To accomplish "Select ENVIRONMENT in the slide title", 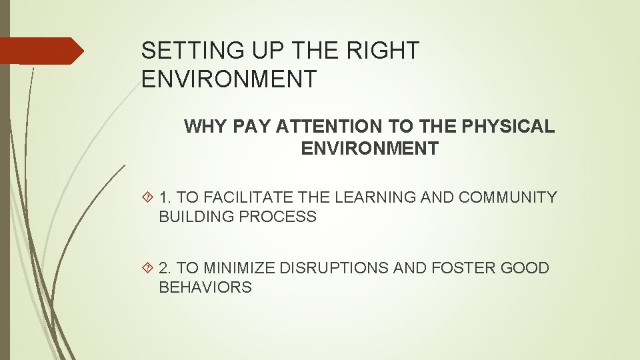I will point(229,79).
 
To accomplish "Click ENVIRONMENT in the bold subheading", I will point(369,149).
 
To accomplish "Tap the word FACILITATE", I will point(254,197).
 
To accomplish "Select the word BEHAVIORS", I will point(205,288).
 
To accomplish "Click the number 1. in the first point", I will point(165,197).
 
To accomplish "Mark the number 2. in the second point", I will point(165,268).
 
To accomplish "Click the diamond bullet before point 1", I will point(148,197).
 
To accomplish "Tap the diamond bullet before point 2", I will point(148,268).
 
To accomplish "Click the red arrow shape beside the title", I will point(40,51).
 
